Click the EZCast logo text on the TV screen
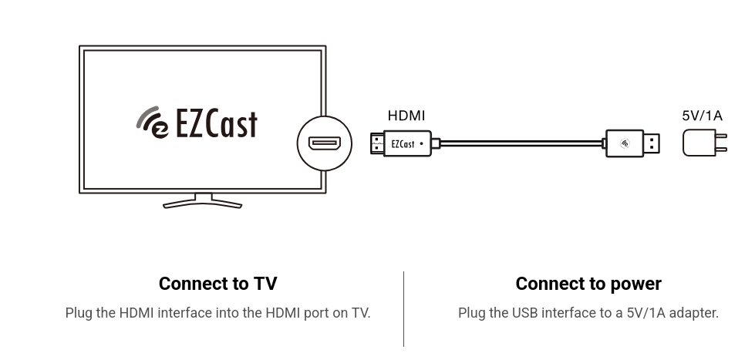[x=216, y=123]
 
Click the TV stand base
[x=202, y=204]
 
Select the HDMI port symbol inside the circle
[x=325, y=143]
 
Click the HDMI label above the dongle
[x=406, y=116]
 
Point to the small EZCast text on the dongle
[x=403, y=144]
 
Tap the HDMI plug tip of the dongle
[x=377, y=143]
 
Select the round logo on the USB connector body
[x=625, y=143]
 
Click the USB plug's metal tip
[x=652, y=143]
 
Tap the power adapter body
[x=699, y=143]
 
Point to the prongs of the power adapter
[x=721, y=143]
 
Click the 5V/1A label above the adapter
[x=702, y=116]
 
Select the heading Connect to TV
[x=217, y=284]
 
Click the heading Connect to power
[x=588, y=284]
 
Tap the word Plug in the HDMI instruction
[x=78, y=313]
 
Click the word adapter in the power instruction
[x=693, y=313]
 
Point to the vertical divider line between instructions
[x=403, y=308]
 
